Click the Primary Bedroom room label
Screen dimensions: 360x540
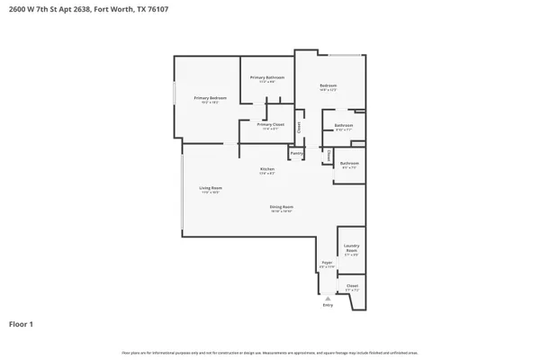coord(210,98)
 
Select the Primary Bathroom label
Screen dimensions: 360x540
coord(267,79)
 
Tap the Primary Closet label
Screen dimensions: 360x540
coord(270,125)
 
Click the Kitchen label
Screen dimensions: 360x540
coord(267,170)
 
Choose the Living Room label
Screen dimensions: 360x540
coord(211,189)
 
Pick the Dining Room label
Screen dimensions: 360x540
coord(282,208)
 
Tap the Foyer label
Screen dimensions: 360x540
coord(328,264)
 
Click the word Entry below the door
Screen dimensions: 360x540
coord(328,306)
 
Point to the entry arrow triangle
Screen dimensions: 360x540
coord(328,298)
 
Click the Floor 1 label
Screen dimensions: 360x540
coord(21,323)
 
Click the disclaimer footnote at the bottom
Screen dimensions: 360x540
coord(270,353)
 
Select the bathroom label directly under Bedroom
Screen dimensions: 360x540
coord(344,127)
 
